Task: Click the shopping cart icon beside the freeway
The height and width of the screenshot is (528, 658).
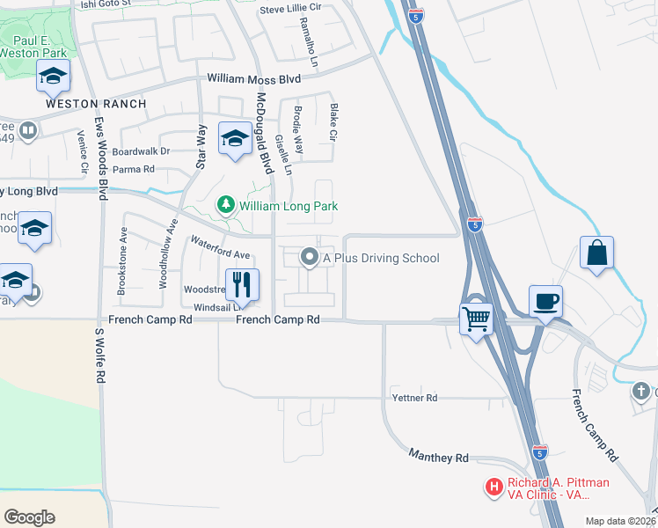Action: pos(477,318)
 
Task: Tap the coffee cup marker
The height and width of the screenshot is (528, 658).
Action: pos(545,301)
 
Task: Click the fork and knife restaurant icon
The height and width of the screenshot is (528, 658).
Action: pos(241,284)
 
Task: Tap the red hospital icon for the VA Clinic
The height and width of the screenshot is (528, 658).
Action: pos(494,486)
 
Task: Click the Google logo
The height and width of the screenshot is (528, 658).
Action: pos(29,517)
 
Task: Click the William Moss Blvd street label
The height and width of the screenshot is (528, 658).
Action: pos(254,79)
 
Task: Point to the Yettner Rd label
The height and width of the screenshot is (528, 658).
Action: pos(413,398)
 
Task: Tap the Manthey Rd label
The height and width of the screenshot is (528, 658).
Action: pos(439,457)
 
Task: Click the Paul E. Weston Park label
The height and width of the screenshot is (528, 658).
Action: pos(40,46)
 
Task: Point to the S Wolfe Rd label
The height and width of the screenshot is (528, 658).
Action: pos(100,356)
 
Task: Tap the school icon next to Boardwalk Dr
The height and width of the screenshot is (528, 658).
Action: pos(235,138)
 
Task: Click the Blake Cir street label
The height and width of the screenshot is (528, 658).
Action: pos(333,123)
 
